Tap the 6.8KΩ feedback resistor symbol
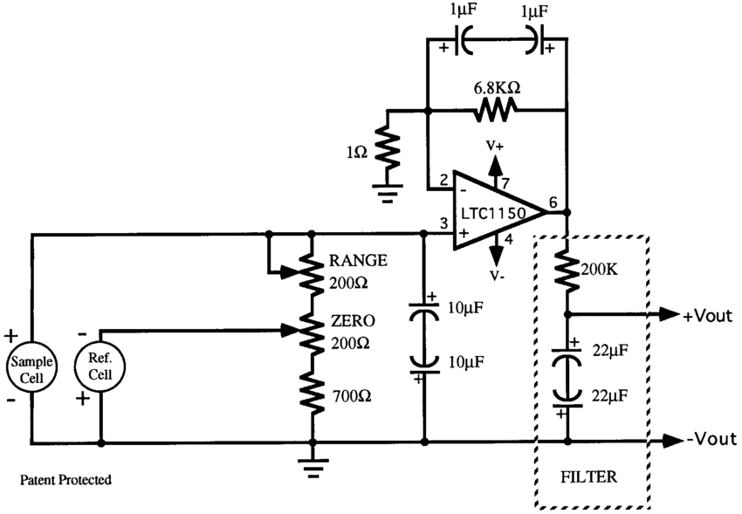tap(495, 110)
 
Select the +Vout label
tap(708, 315)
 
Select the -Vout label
tap(711, 440)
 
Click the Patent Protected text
tap(67, 480)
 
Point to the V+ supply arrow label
tap(495, 145)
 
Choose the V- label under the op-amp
tap(495, 277)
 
